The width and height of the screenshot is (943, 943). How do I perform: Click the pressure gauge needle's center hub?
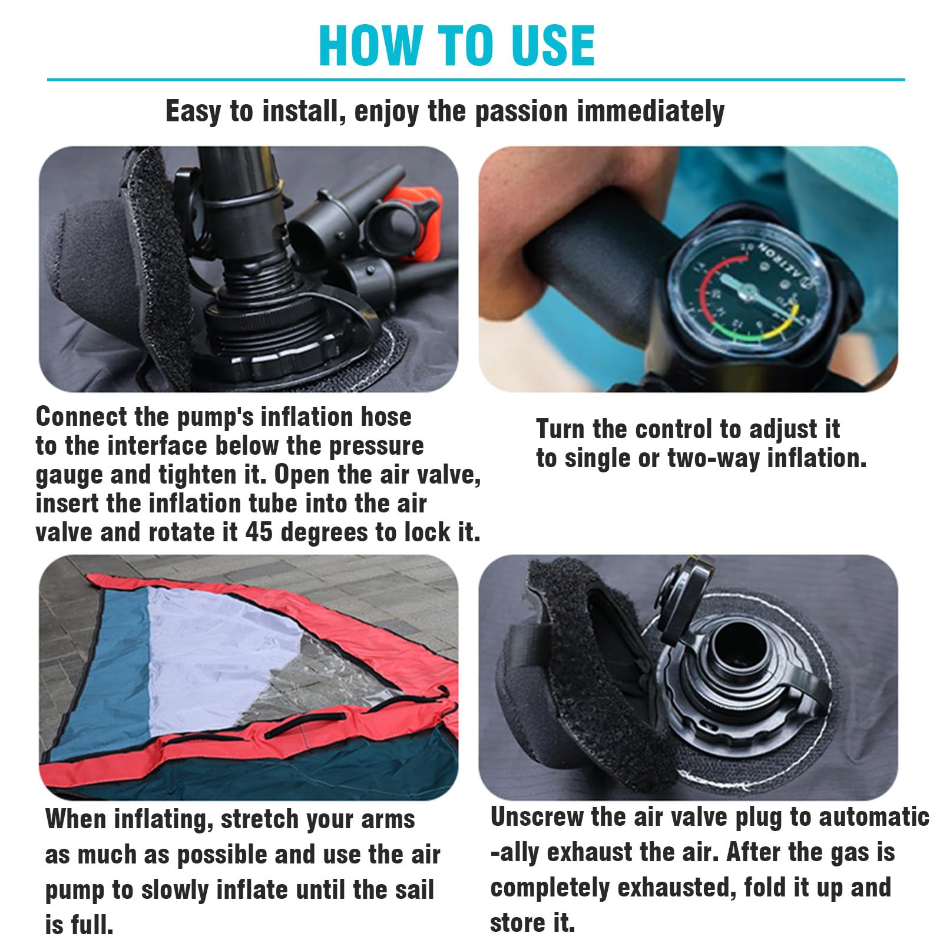click(747, 290)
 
